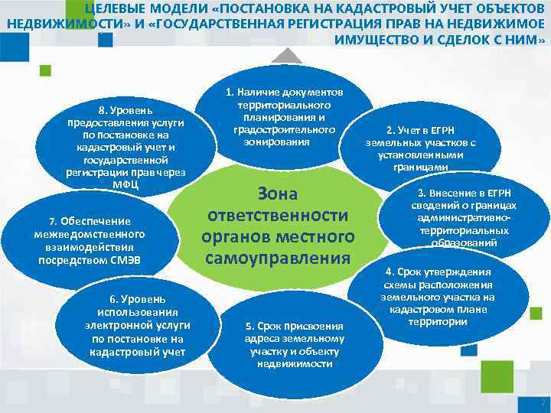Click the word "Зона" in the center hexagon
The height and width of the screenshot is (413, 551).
pos(278,193)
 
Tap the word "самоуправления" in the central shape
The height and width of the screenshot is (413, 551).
pos(278,258)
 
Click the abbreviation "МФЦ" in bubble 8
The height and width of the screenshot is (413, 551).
pos(126,184)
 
